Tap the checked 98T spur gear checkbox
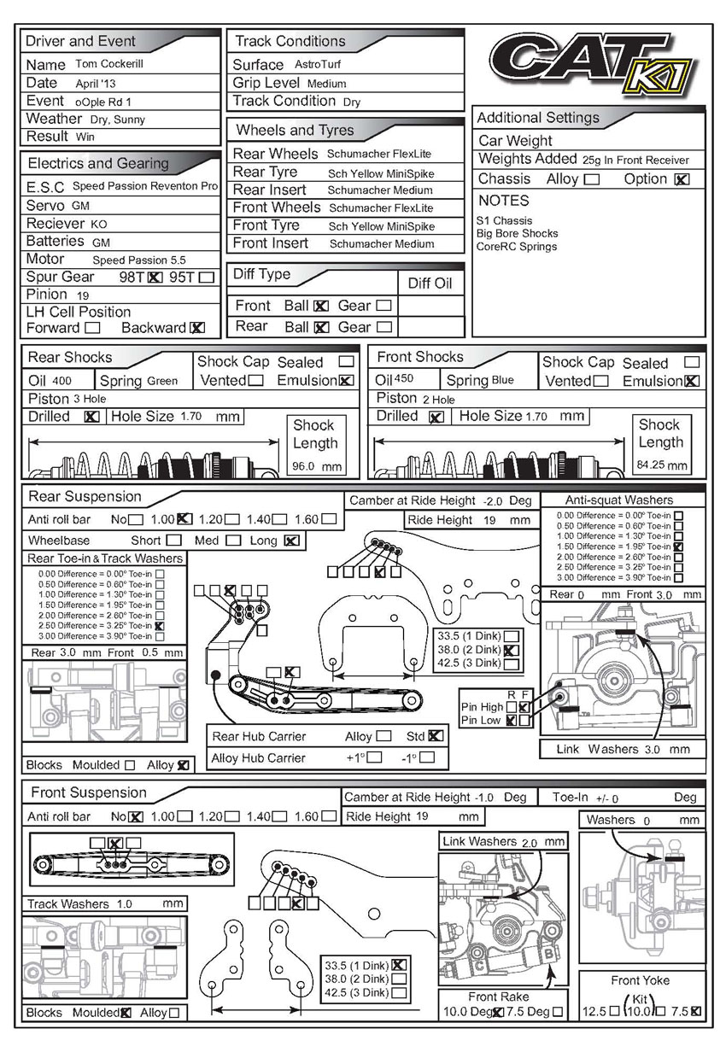(x=155, y=277)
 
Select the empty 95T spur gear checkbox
(x=206, y=277)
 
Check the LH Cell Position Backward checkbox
(x=197, y=328)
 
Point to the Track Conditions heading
(x=290, y=41)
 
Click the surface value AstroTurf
(x=318, y=64)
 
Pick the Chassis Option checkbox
(x=682, y=179)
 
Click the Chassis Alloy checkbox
(x=591, y=179)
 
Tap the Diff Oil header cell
(x=430, y=283)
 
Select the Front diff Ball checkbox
(x=321, y=306)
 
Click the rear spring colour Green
(x=162, y=381)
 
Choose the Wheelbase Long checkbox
(x=291, y=541)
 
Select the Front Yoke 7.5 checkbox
(x=695, y=1012)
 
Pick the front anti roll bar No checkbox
(x=137, y=817)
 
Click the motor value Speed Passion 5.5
(x=139, y=260)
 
